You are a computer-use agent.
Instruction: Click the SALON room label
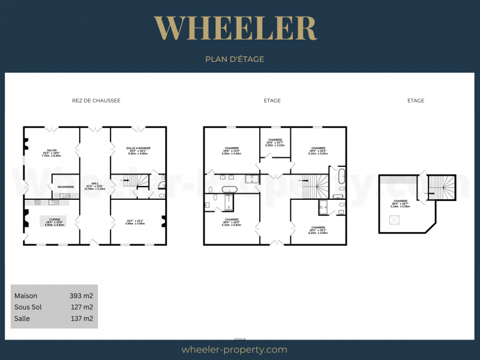pyautogui.click(x=51, y=151)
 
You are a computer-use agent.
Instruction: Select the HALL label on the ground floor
pyautogui.click(x=95, y=184)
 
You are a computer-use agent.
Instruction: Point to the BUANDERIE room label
pyautogui.click(x=66, y=187)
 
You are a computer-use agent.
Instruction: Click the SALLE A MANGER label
pyautogui.click(x=137, y=148)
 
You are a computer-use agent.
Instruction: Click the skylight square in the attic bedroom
pyautogui.click(x=395, y=220)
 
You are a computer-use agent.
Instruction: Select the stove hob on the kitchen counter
pyautogui.click(x=37, y=202)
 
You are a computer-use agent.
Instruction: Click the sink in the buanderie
pyautogui.click(x=63, y=196)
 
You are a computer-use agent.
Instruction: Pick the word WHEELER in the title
pyautogui.click(x=235, y=28)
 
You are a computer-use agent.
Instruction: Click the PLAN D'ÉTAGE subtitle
pyautogui.click(x=235, y=59)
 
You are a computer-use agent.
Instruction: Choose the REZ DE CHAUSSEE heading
pyautogui.click(x=96, y=101)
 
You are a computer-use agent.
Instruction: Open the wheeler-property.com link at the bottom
pyautogui.click(x=235, y=350)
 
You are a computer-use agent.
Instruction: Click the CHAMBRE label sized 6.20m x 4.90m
pyautogui.click(x=318, y=228)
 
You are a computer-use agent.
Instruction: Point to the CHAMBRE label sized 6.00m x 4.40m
pyautogui.click(x=232, y=148)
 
